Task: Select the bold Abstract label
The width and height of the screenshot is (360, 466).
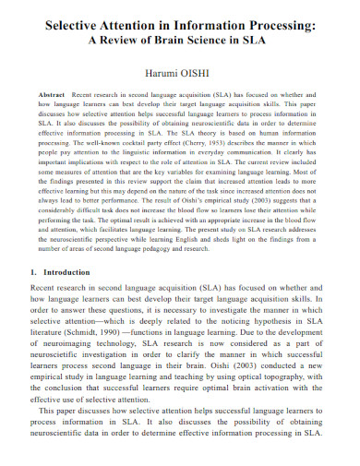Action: click(53, 95)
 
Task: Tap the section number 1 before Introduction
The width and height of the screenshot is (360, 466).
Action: click(34, 273)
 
